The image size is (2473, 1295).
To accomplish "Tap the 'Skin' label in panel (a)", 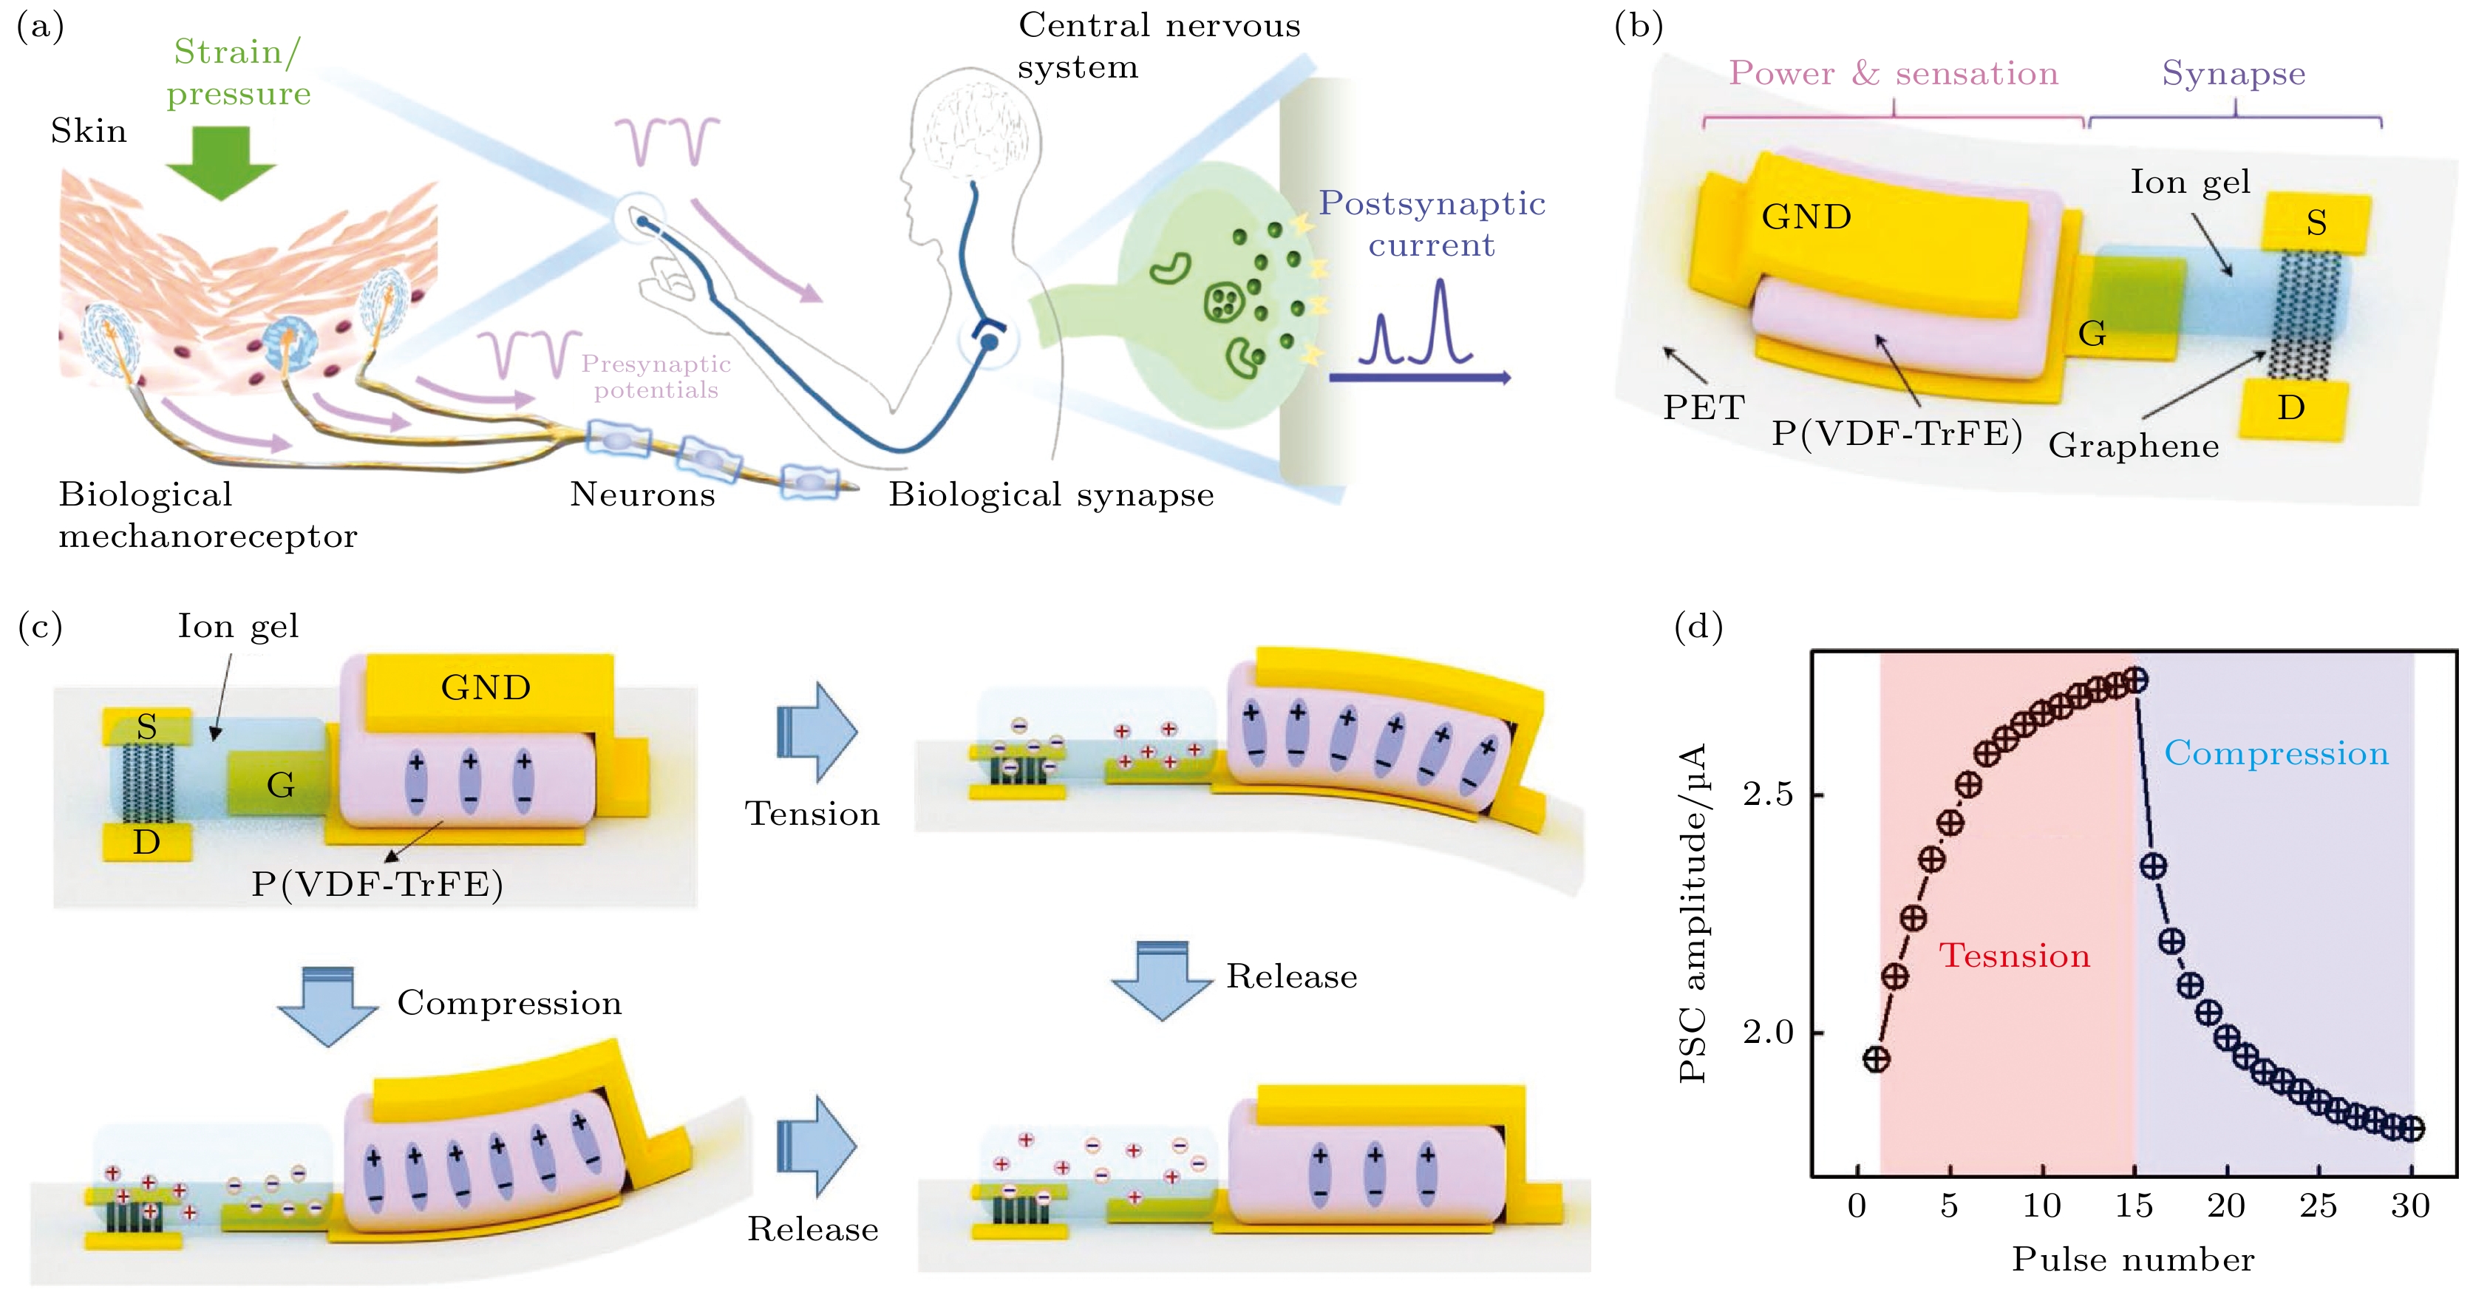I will [89, 131].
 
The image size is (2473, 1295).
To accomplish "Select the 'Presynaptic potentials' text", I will [656, 376].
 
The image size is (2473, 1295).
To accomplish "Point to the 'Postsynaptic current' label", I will [1432, 224].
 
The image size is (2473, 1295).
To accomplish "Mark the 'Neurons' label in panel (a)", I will [642, 494].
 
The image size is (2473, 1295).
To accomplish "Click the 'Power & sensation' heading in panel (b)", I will [1893, 73].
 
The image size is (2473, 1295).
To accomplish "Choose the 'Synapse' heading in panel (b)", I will [2233, 73].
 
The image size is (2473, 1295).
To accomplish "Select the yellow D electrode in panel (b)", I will [2293, 408].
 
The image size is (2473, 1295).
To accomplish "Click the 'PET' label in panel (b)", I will [1704, 407].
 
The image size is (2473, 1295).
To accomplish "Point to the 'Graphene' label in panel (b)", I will [2133, 446].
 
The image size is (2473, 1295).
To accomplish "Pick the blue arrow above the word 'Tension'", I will [816, 732].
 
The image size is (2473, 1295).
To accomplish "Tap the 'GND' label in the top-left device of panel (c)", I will [486, 687].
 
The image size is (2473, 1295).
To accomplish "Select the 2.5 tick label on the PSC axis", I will [1767, 795].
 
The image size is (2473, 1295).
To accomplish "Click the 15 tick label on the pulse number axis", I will [2133, 1206].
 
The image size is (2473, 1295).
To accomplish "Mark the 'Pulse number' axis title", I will [2133, 1260].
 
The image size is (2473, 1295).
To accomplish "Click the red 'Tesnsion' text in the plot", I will [2014, 956].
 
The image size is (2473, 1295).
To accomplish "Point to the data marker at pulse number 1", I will [1877, 1059].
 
